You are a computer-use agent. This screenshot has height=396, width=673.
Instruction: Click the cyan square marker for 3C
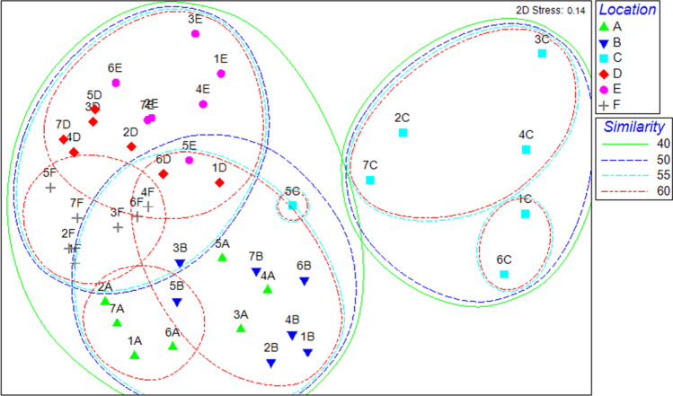tap(542, 54)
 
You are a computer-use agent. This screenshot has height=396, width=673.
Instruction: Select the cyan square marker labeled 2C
tap(403, 133)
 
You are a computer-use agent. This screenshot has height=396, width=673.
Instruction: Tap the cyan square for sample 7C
tap(370, 180)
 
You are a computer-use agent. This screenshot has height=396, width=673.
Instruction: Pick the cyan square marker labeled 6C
tap(504, 274)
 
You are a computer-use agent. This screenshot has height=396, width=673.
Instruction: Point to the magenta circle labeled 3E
tap(195, 34)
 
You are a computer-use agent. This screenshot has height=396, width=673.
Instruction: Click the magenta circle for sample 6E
tap(116, 83)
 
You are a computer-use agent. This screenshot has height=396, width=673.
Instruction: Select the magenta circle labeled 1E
tap(221, 74)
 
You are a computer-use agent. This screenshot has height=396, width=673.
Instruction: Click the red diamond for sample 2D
tap(131, 146)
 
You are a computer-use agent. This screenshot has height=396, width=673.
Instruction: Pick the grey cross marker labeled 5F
tap(50, 187)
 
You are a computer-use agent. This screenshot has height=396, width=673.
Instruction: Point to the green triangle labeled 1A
tap(135, 355)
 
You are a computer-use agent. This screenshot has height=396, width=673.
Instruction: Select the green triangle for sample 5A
tap(222, 258)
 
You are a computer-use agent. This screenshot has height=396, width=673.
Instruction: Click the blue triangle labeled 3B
tap(180, 263)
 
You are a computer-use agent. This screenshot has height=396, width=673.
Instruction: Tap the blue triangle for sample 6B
tap(304, 281)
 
